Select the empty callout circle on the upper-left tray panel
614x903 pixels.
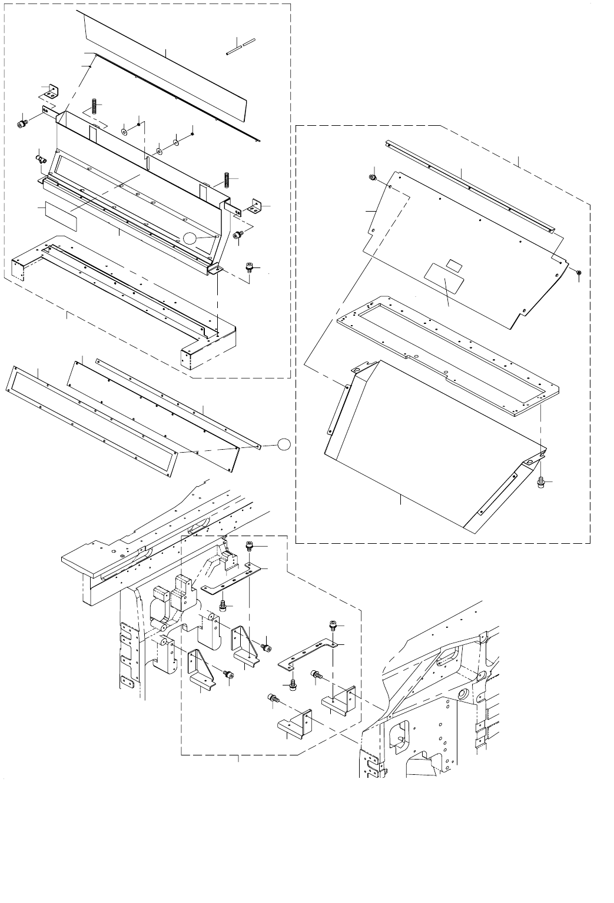[x=190, y=238]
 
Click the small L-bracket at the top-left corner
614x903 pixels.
[x=49, y=91]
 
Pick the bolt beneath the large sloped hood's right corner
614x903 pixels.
[x=540, y=482]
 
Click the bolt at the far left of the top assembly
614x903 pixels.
[x=23, y=123]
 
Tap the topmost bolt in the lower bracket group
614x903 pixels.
[x=249, y=547]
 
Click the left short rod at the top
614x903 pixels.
[x=232, y=49]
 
